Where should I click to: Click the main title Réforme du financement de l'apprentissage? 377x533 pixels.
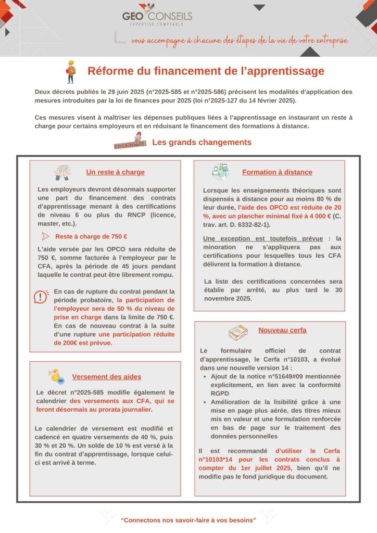(x=206, y=71)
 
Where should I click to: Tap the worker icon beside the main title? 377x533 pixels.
(x=71, y=71)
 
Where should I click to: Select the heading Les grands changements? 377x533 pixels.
(x=202, y=142)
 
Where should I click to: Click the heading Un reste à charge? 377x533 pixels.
(x=115, y=172)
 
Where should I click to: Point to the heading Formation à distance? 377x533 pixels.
(x=277, y=172)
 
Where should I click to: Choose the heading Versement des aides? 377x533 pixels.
(x=107, y=376)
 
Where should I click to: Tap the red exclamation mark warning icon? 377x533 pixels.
(x=41, y=297)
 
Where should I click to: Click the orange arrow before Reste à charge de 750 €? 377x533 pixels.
(x=45, y=236)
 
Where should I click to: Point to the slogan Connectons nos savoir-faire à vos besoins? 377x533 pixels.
(x=188, y=520)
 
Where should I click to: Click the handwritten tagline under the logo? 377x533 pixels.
(x=240, y=40)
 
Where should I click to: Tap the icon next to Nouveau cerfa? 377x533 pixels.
(x=238, y=331)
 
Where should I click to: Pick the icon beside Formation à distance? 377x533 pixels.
(x=220, y=172)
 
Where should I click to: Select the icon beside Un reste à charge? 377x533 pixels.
(x=63, y=172)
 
